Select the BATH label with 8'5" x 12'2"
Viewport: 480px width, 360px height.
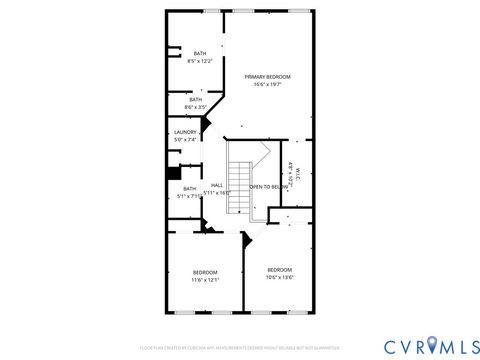pos(200,54)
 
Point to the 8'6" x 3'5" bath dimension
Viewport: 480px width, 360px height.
pos(196,106)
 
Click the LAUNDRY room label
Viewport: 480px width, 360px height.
pos(185,132)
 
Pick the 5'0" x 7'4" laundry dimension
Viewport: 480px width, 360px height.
pos(185,140)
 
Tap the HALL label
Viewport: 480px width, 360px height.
pos(216,185)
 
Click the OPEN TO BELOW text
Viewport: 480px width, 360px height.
pos(269,187)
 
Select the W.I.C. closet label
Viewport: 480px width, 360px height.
pos(298,170)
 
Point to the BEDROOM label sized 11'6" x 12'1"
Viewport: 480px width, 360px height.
pos(204,272)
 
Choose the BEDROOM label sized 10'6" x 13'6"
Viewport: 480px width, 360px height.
pos(279,269)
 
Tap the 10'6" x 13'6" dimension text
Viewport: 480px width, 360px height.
pos(279,277)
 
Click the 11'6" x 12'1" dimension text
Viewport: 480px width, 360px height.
pos(204,280)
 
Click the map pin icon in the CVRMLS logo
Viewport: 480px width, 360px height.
pos(432,346)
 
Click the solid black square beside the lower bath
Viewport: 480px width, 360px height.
pos(172,172)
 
